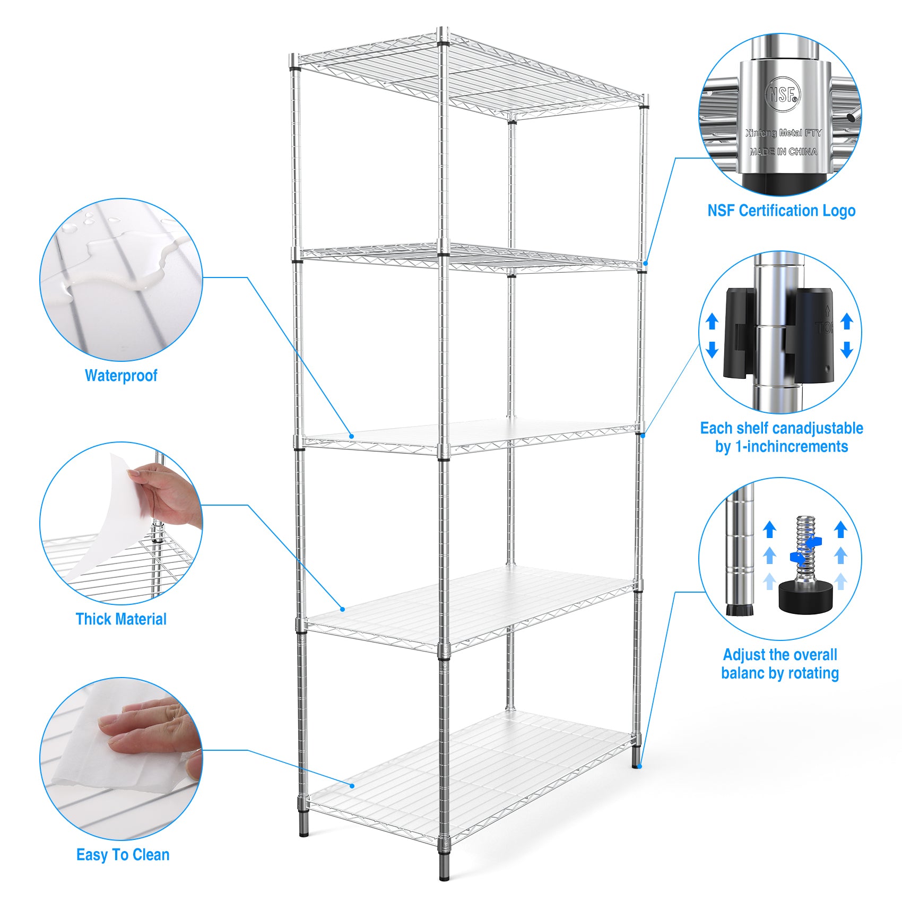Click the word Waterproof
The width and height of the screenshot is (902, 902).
pos(121,376)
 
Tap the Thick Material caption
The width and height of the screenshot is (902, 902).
pos(121,619)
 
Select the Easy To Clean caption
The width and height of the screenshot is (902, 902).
pos(123,855)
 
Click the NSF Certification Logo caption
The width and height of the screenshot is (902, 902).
pos(781,211)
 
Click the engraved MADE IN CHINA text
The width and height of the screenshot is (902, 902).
pos(783,152)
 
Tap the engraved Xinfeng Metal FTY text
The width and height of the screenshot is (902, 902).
pos(783,133)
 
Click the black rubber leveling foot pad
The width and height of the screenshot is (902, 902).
pos(804,597)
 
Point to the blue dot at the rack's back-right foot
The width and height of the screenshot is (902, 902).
pos(640,766)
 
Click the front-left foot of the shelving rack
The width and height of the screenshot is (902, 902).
pos(303,829)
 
